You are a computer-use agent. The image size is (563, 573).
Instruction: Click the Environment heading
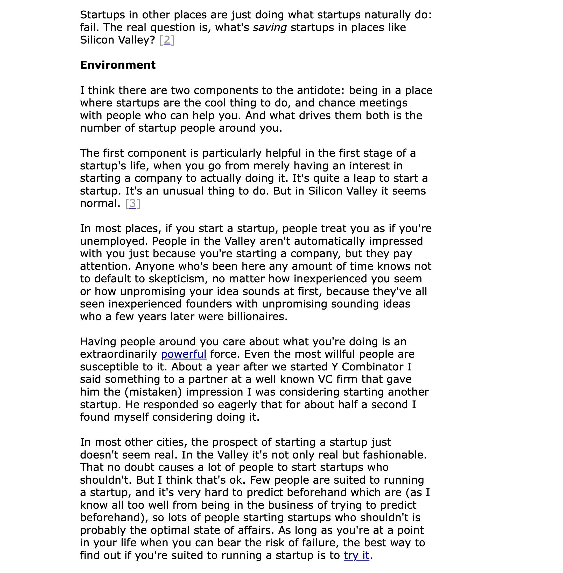point(118,65)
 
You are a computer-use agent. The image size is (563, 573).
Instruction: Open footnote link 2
point(167,40)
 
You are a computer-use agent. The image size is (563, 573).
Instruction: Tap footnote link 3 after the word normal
point(132,203)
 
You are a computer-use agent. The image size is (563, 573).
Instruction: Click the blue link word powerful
point(184,354)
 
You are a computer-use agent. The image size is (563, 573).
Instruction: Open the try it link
point(356,555)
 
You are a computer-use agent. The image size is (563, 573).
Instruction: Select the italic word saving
point(270,27)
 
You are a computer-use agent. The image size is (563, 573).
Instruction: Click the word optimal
point(170,530)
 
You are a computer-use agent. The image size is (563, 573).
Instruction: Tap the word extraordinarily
point(118,354)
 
